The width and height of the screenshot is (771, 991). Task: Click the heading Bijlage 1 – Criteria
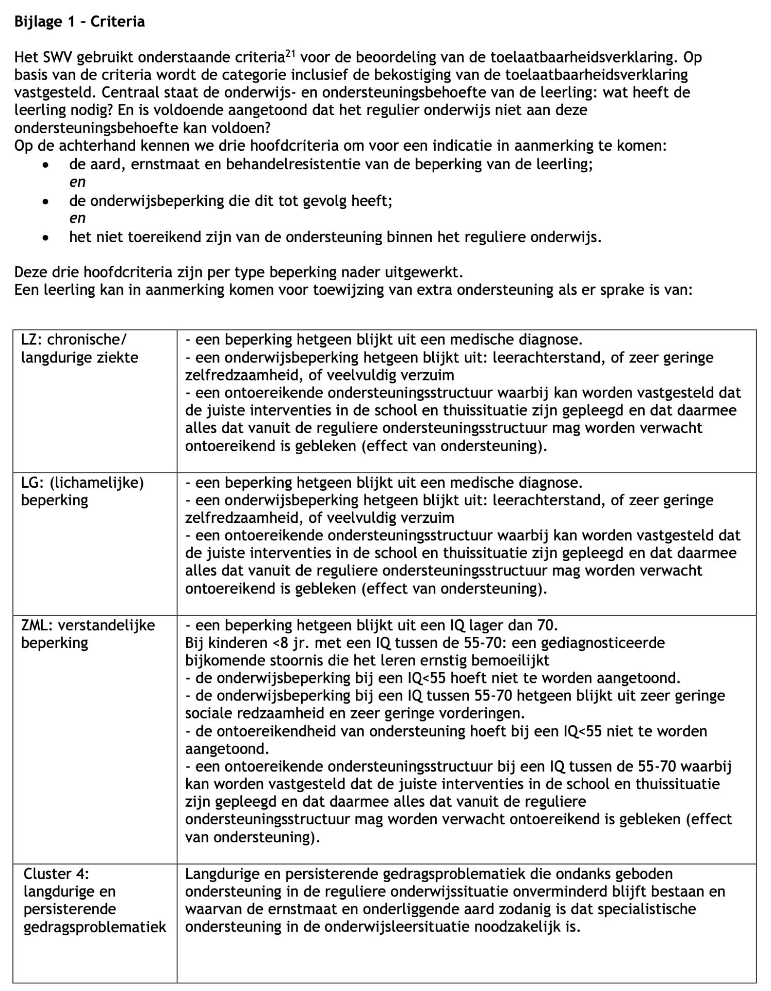click(79, 22)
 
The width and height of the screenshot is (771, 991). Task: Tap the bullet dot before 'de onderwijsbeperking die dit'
click(46, 201)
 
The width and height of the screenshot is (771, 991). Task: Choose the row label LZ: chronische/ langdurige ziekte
click(79, 348)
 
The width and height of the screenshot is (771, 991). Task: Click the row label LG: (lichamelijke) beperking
click(82, 491)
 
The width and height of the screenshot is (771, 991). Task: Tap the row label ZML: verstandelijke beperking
click(88, 634)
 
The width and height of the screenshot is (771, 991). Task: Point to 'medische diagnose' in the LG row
click(515, 483)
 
